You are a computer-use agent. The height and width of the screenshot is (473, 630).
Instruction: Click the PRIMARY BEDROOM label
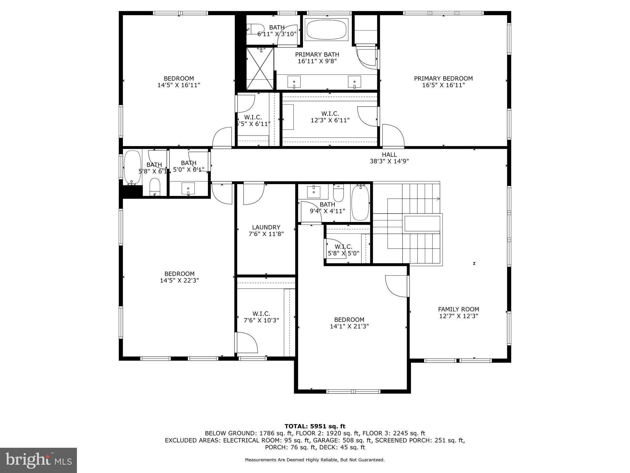(443, 79)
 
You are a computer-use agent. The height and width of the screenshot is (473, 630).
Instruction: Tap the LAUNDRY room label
(266, 227)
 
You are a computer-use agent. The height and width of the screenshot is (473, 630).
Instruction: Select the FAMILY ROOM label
(458, 309)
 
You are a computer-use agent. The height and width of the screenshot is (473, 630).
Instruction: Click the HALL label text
(389, 155)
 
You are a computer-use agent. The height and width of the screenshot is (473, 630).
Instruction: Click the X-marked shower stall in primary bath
(260, 68)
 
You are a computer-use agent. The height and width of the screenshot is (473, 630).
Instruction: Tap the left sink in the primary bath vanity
(294, 82)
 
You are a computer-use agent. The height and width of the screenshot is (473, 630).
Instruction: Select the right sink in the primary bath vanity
(354, 82)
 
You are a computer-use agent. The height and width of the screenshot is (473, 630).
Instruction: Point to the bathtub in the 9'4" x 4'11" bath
(360, 203)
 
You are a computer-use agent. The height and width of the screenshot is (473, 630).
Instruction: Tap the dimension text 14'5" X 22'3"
(179, 281)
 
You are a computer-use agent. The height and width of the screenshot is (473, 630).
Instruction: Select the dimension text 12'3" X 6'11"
(330, 120)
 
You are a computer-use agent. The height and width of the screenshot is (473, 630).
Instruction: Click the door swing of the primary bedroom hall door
(393, 135)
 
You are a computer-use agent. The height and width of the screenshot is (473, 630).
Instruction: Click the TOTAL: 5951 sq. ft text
(315, 426)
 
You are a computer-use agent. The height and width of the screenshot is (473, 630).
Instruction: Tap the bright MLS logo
(38, 460)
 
